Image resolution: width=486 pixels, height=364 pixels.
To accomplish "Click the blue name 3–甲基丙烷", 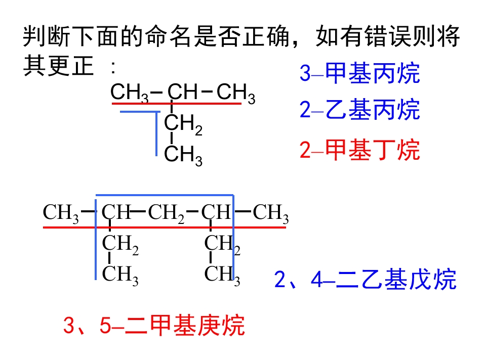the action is pyautogui.click(x=359, y=73).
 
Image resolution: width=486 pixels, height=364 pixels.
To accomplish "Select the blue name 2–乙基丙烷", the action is pyautogui.click(x=359, y=110).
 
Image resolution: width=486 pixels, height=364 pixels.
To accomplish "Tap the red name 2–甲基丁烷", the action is pyautogui.click(x=359, y=150).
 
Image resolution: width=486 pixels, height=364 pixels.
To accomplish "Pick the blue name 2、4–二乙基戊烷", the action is pyautogui.click(x=365, y=280).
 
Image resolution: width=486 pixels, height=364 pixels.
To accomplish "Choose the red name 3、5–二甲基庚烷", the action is pyautogui.click(x=154, y=325).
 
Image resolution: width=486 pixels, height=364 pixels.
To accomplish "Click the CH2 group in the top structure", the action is pyautogui.click(x=183, y=124).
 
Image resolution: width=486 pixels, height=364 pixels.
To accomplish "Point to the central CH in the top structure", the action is pyautogui.click(x=182, y=92).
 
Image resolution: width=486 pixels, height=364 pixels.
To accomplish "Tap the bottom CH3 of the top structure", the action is pyautogui.click(x=183, y=156).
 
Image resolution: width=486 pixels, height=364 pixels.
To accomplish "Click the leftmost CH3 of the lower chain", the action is pyautogui.click(x=61, y=213).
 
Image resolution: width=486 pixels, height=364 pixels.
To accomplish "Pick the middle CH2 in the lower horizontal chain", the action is pyautogui.click(x=166, y=213).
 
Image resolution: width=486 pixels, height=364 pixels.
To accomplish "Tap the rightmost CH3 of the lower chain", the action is pyautogui.click(x=271, y=213).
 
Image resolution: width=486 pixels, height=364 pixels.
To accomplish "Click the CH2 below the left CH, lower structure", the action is pyautogui.click(x=120, y=245).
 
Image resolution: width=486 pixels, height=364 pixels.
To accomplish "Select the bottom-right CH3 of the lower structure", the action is pyautogui.click(x=222, y=275).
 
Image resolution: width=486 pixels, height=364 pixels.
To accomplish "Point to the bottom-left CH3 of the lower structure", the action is pyautogui.click(x=120, y=275).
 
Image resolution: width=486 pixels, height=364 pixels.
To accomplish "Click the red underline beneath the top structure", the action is pyautogui.click(x=177, y=103).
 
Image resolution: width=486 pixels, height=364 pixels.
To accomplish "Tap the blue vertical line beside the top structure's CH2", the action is pyautogui.click(x=156, y=133).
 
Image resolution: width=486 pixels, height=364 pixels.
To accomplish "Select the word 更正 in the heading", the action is pyautogui.click(x=71, y=66).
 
